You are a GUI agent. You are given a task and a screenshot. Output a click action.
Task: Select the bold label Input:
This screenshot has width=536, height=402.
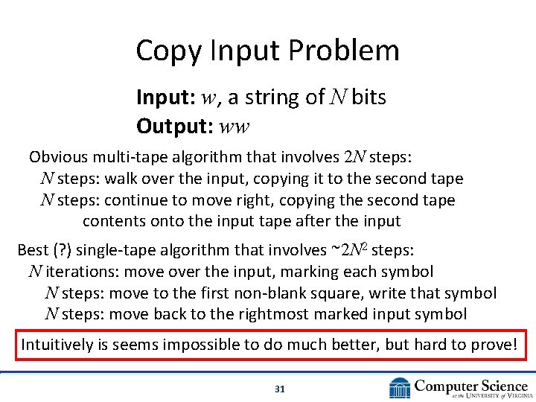pos(158,98)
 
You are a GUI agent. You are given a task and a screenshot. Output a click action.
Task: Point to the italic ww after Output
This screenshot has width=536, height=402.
pos(235,127)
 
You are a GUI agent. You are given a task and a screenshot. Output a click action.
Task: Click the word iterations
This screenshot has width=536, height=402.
pos(80,272)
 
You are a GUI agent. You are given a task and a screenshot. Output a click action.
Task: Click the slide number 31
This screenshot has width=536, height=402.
pos(280,389)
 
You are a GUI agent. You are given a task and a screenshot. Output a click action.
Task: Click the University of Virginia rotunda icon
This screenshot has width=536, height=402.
pos(400,388)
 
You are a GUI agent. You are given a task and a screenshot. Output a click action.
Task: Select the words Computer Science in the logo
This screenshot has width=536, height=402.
pos(470,385)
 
